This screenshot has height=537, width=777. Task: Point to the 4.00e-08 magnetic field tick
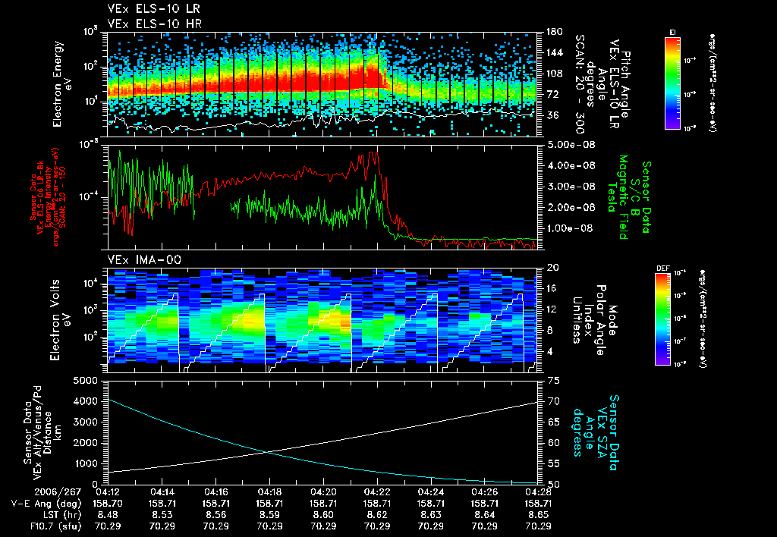(x=568, y=165)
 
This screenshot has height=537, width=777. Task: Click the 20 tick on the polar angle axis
(x=552, y=268)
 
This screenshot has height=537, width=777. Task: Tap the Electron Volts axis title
(x=57, y=313)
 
